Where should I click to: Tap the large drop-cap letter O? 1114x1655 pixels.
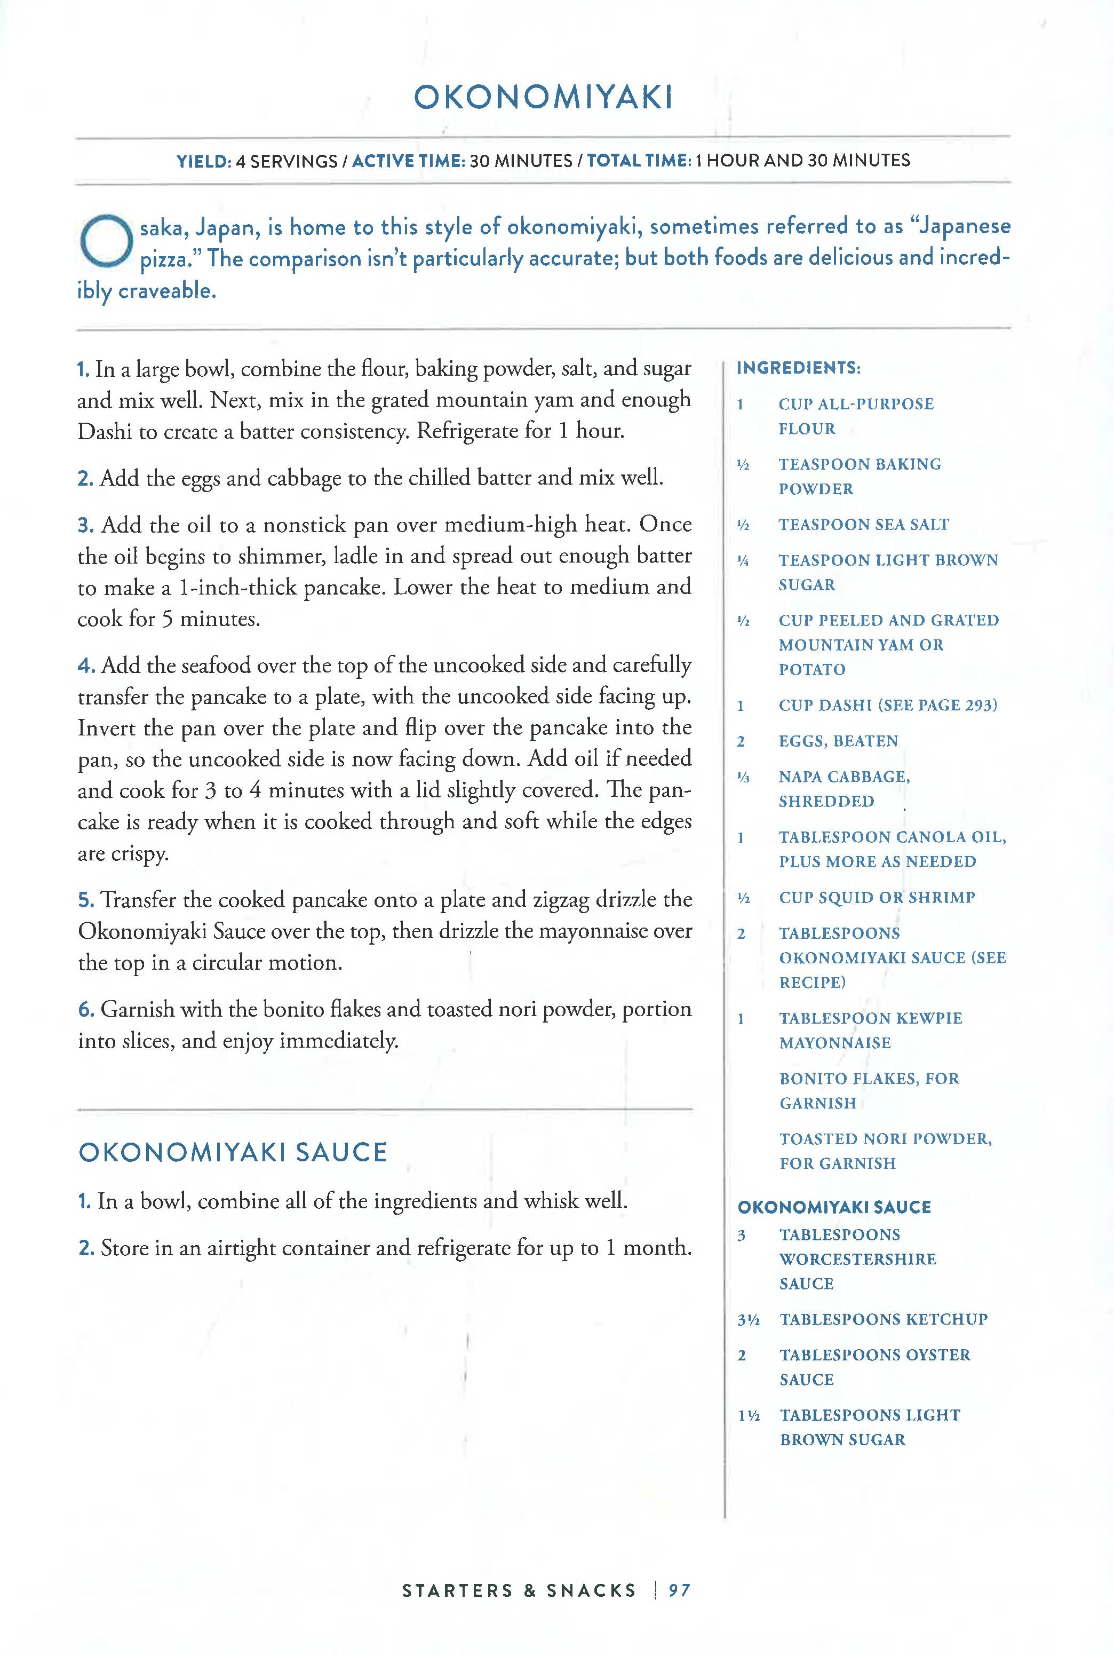pos(107,241)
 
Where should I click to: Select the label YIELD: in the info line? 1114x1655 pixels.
pos(204,161)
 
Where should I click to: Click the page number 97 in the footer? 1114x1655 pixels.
pos(679,1590)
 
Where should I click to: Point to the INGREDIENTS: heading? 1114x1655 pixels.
pos(798,368)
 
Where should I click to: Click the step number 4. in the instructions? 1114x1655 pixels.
pos(85,666)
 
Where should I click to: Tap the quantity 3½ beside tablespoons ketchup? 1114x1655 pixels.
pos(748,1320)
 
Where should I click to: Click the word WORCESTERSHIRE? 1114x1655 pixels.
pos(857,1259)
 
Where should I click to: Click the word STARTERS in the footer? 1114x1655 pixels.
pos(457,1590)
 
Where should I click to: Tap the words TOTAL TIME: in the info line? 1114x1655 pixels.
pos(638,161)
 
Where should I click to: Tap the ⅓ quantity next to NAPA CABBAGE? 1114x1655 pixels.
pos(743,778)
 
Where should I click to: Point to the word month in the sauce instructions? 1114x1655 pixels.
pos(656,1248)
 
